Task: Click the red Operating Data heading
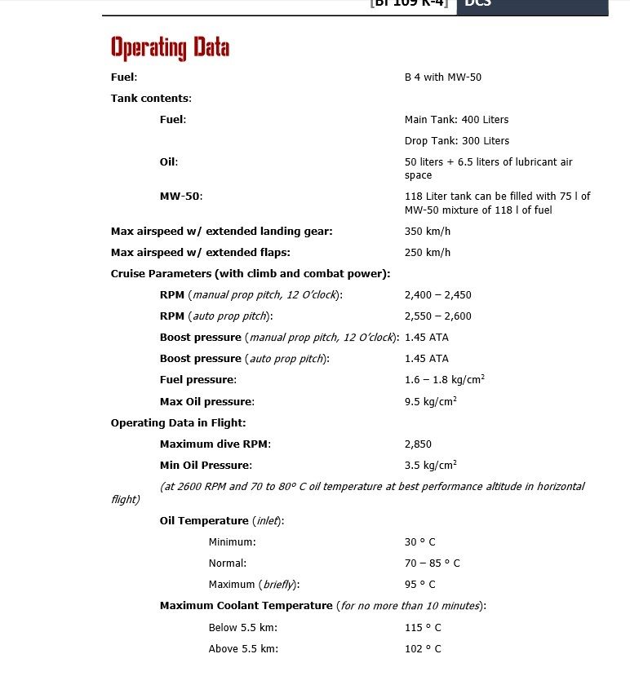click(x=170, y=48)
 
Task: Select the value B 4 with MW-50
click(x=443, y=77)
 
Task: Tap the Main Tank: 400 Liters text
click(x=456, y=120)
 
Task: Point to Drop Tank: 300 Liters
click(x=456, y=141)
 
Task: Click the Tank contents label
click(x=151, y=99)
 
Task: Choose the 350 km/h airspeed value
click(x=428, y=232)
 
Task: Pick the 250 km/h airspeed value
click(x=428, y=253)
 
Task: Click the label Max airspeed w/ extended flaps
click(x=201, y=253)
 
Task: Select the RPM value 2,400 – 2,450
click(x=437, y=295)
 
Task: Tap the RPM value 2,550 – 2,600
click(x=437, y=316)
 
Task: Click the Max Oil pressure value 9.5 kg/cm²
click(x=431, y=401)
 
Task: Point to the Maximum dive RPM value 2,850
click(x=418, y=444)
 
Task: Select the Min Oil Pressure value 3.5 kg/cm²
click(x=431, y=466)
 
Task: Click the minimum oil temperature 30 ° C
click(x=420, y=542)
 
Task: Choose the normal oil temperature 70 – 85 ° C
click(x=433, y=563)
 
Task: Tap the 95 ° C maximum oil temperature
click(x=420, y=585)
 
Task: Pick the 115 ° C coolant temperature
click(x=423, y=628)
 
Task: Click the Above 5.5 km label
click(x=243, y=649)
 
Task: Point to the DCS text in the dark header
click(x=478, y=4)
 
